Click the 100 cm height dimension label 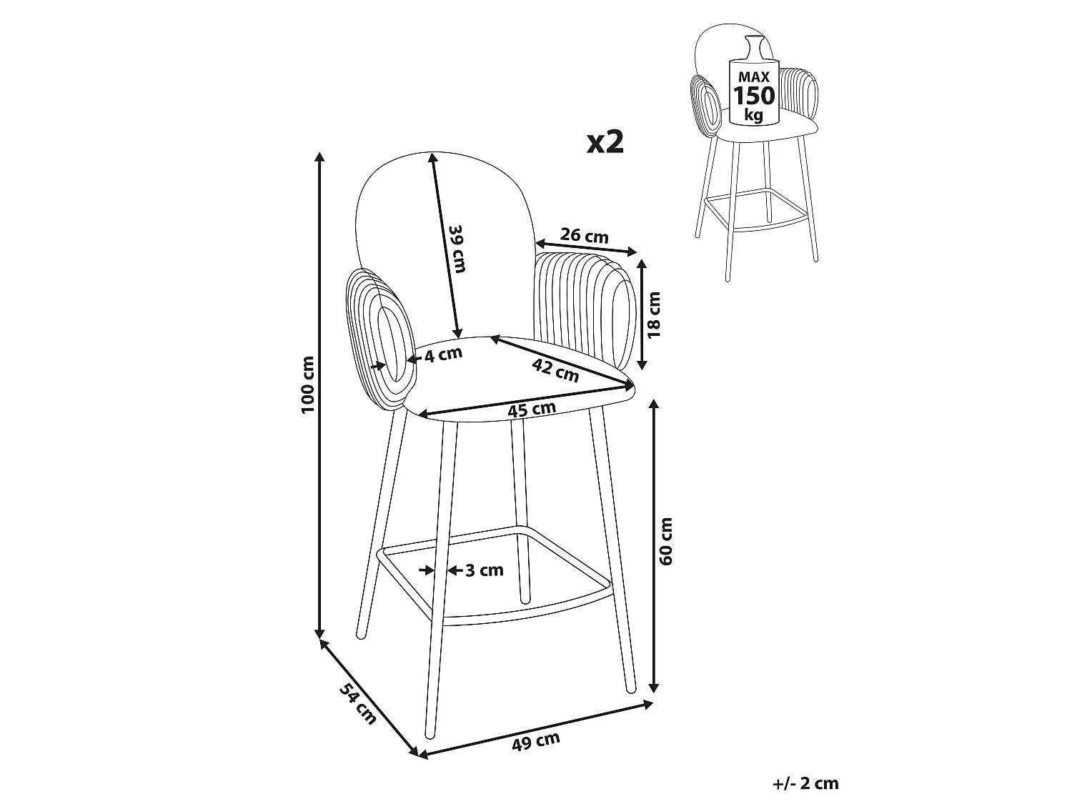[x=308, y=384]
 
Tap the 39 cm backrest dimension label [x=457, y=249]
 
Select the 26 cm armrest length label [x=584, y=236]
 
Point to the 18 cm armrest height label [x=653, y=315]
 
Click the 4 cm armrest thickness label [x=443, y=354]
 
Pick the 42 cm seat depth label [x=555, y=369]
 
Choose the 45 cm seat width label [x=532, y=409]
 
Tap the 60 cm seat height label [x=665, y=542]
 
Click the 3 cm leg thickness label [x=485, y=570]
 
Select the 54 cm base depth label [x=358, y=703]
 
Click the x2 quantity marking [x=605, y=142]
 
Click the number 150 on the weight [x=754, y=96]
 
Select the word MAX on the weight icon [x=753, y=76]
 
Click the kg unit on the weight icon [x=753, y=115]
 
